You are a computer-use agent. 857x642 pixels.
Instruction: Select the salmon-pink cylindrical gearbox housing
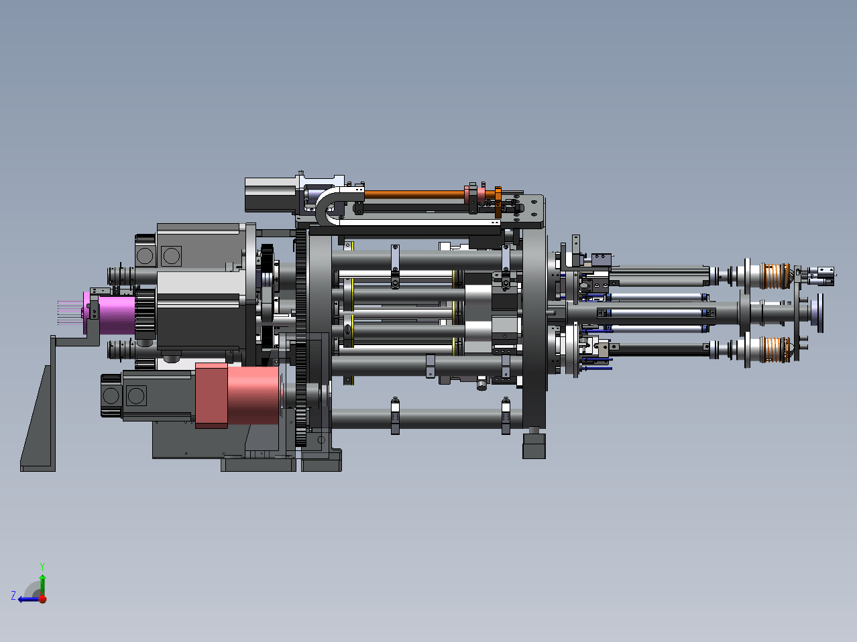click(253, 395)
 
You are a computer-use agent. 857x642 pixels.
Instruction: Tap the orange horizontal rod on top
click(414, 194)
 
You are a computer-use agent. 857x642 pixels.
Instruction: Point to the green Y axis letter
click(42, 567)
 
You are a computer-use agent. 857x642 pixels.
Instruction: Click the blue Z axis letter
click(13, 596)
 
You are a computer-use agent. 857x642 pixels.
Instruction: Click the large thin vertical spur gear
click(301, 338)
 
